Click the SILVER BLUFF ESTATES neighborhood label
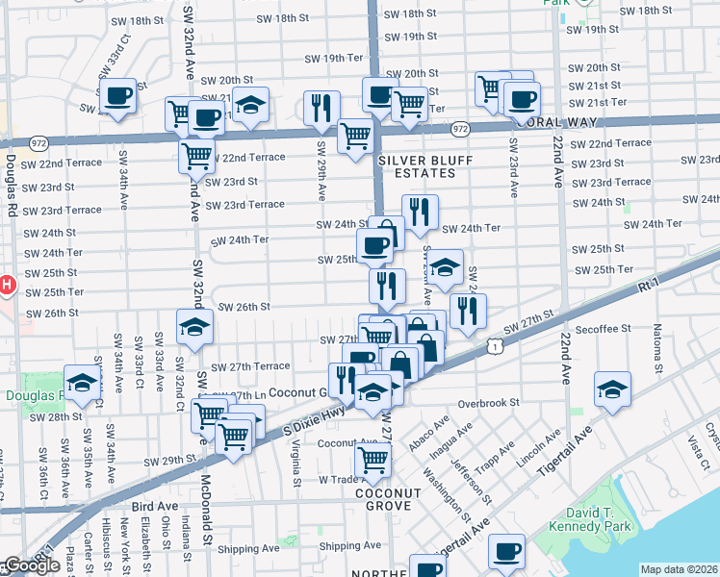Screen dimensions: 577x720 [x=416, y=166]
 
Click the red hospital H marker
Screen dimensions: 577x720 [x=6, y=285]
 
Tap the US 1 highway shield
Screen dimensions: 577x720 [x=492, y=343]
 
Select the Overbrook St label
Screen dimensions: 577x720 [x=489, y=402]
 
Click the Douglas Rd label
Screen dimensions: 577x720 [x=12, y=186]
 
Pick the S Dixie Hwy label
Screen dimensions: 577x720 [x=314, y=419]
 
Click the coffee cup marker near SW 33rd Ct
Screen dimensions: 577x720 [x=118, y=97]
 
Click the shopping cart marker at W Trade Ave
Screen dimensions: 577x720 [x=373, y=459]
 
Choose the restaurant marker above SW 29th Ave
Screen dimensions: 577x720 [x=321, y=108]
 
